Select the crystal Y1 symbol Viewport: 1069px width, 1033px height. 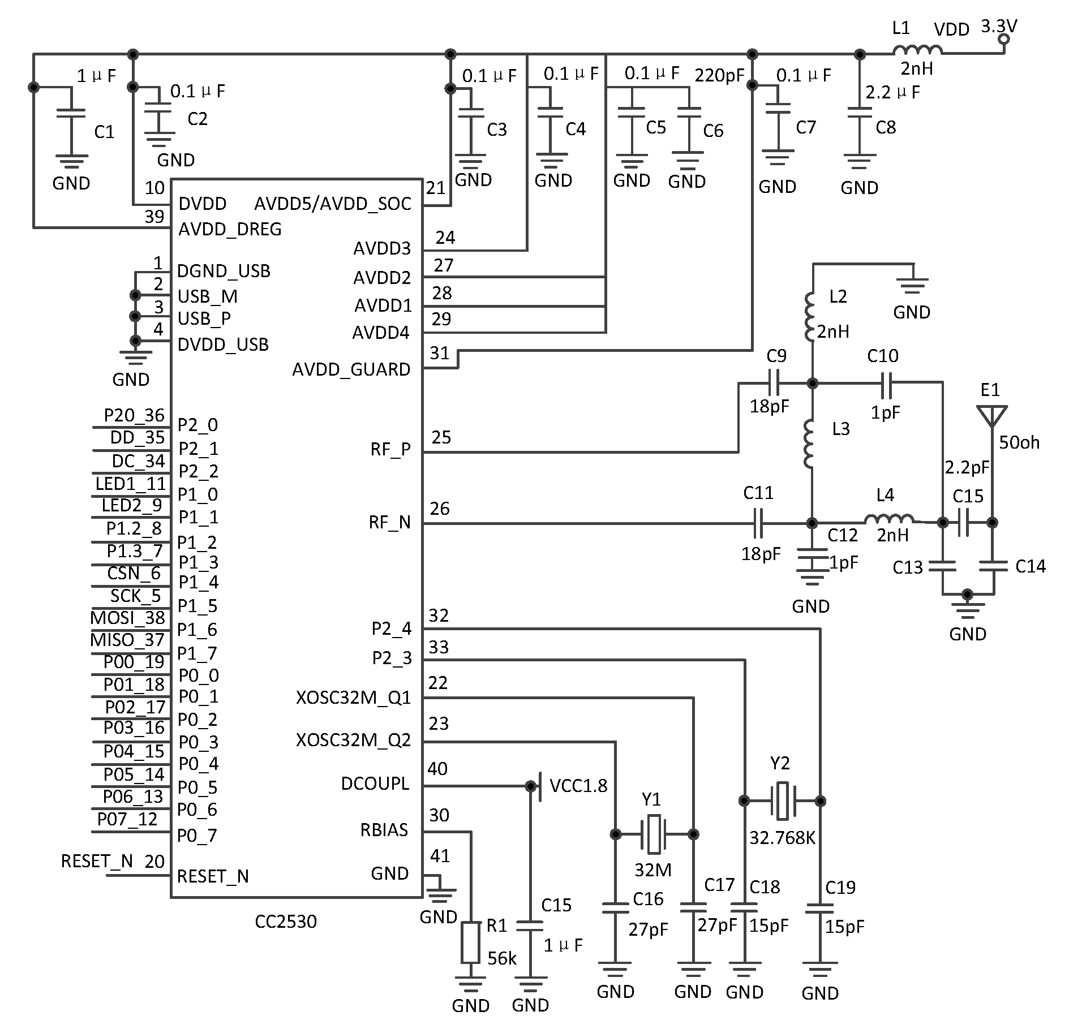[x=654, y=834]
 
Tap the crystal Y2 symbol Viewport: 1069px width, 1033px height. [x=782, y=801]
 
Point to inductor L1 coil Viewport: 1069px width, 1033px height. [x=917, y=50]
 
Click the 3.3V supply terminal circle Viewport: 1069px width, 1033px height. [x=1004, y=39]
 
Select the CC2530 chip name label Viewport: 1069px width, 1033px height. [x=286, y=922]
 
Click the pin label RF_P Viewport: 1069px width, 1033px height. [x=390, y=450]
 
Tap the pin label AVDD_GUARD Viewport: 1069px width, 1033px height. [x=351, y=369]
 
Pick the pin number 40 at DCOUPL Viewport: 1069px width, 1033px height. [x=437, y=769]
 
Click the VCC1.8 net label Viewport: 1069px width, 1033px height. [x=578, y=785]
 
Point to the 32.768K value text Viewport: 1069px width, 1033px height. [x=782, y=838]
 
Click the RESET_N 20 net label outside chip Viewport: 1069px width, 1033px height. [x=113, y=862]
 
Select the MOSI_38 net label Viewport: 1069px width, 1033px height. [x=128, y=618]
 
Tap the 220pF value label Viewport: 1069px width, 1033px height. [x=719, y=75]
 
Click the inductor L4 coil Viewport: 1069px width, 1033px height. [x=888, y=519]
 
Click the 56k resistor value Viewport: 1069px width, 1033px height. [x=501, y=958]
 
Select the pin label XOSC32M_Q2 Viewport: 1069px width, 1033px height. [x=353, y=740]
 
